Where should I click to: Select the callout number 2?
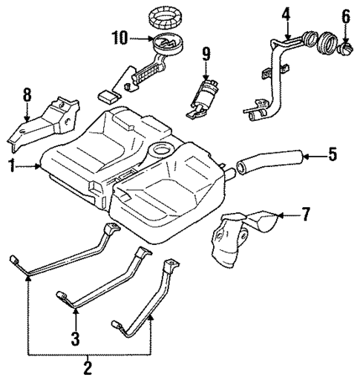[x=88, y=367]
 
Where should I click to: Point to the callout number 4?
[x=286, y=13]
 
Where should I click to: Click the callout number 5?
[x=333, y=154]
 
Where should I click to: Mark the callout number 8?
[x=27, y=95]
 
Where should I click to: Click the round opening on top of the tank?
[x=161, y=154]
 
